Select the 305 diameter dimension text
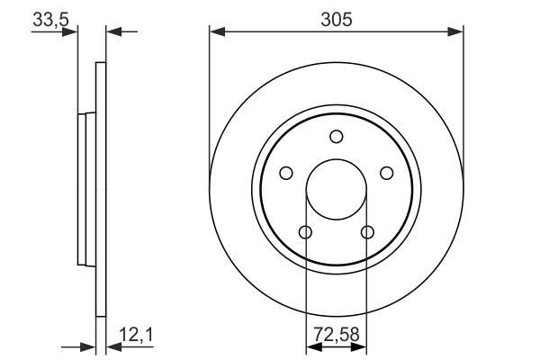click(335, 18)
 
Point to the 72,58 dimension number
click(336, 335)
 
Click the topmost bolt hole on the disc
click(336, 137)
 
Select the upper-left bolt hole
click(286, 173)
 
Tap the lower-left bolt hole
click(305, 232)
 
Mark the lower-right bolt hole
click(366, 232)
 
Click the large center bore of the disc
click(336, 190)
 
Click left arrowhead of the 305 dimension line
click(216, 32)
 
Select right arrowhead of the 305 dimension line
click(456, 32)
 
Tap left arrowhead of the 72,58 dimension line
click(311, 346)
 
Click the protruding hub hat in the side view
click(85, 192)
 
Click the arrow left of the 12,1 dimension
click(88, 346)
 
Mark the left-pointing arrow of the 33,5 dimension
click(113, 32)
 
